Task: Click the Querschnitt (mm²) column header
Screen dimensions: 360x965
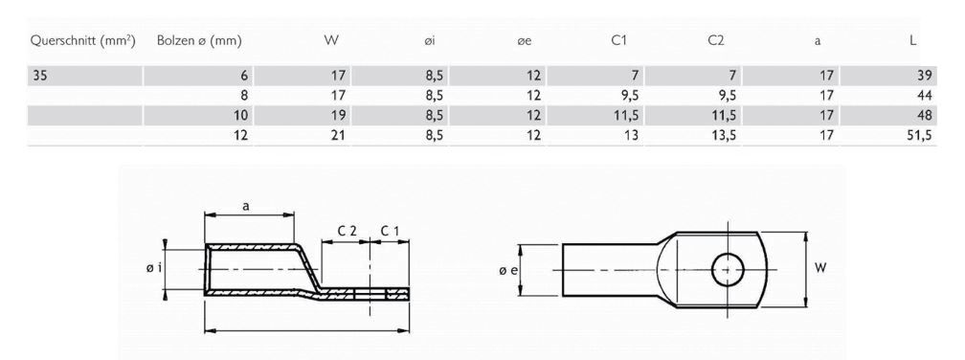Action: tap(81, 40)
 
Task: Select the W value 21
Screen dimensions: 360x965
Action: tap(336, 135)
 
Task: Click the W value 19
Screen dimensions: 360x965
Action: tap(336, 116)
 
